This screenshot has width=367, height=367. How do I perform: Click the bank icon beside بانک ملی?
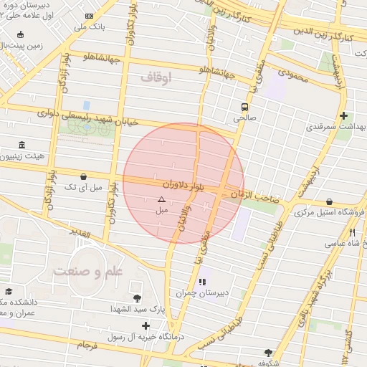(88, 16)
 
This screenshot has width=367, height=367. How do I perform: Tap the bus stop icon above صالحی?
(245, 105)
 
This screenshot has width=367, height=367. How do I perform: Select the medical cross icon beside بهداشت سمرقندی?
(344, 115)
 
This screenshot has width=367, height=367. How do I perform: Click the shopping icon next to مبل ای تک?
(84, 176)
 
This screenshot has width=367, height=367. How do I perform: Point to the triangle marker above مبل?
(161, 200)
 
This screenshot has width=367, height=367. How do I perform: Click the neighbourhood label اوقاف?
(153, 78)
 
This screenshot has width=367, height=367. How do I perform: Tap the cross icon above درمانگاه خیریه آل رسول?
(146, 326)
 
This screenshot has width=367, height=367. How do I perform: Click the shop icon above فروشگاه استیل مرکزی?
(329, 202)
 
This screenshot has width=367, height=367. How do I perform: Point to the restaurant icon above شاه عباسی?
(352, 232)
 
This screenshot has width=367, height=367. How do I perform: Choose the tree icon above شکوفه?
(268, 353)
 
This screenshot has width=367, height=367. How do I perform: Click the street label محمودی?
(293, 74)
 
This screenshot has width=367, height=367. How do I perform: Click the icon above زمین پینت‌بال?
(20, 34)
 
